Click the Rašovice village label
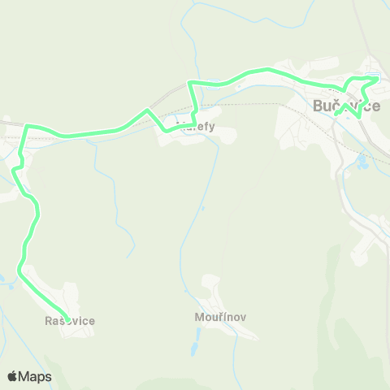[70, 321]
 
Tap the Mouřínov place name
[215, 317]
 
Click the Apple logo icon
[13, 376]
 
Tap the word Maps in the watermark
[36, 376]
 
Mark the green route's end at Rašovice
[67, 319]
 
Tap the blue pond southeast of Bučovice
[362, 162]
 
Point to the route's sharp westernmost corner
[27, 127]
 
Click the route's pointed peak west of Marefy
[146, 110]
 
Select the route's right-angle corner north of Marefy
[189, 84]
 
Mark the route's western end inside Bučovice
[336, 114]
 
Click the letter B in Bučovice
[318, 106]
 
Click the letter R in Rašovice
[50, 321]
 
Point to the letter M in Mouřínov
[199, 317]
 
